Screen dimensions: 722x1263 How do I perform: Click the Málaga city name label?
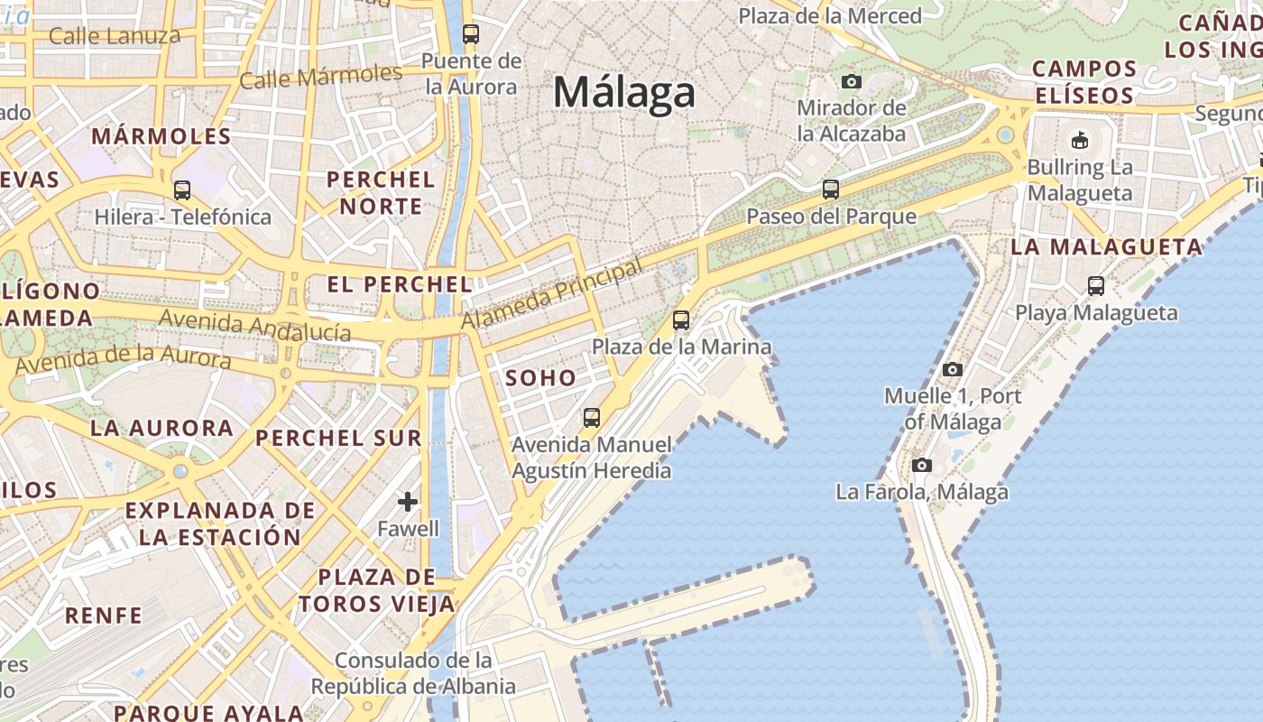pyautogui.click(x=624, y=92)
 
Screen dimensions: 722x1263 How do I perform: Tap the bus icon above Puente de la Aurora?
pyautogui.click(x=470, y=34)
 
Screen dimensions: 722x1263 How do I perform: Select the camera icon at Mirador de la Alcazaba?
pyautogui.click(x=851, y=82)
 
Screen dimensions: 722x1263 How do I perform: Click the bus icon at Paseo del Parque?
pyautogui.click(x=830, y=190)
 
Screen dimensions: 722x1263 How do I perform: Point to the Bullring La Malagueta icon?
pyautogui.click(x=1079, y=140)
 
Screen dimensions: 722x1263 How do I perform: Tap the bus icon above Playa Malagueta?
pyautogui.click(x=1096, y=286)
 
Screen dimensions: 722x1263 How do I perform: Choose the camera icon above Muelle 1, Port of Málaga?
pyautogui.click(x=952, y=369)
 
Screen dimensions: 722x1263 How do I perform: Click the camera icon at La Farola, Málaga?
pyautogui.click(x=921, y=465)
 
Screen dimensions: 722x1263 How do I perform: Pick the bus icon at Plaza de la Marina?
pyautogui.click(x=681, y=320)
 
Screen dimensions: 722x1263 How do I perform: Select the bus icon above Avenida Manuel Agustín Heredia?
pyautogui.click(x=592, y=418)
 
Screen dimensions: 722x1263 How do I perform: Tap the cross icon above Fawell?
pyautogui.click(x=408, y=502)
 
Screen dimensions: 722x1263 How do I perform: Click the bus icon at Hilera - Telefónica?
pyautogui.click(x=182, y=190)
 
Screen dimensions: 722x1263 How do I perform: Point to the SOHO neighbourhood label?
pyautogui.click(x=540, y=378)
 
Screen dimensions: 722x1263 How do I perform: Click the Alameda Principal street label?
pyautogui.click(x=551, y=293)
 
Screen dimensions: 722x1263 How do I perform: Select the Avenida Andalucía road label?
pyautogui.click(x=254, y=325)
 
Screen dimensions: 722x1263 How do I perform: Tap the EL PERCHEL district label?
pyautogui.click(x=400, y=284)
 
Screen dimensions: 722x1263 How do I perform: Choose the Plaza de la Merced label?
pyautogui.click(x=830, y=15)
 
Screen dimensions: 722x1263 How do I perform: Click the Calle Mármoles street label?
pyautogui.click(x=320, y=77)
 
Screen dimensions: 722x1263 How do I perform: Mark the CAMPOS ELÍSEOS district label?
pyautogui.click(x=1083, y=82)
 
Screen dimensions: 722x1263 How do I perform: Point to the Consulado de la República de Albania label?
pyautogui.click(x=413, y=673)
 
